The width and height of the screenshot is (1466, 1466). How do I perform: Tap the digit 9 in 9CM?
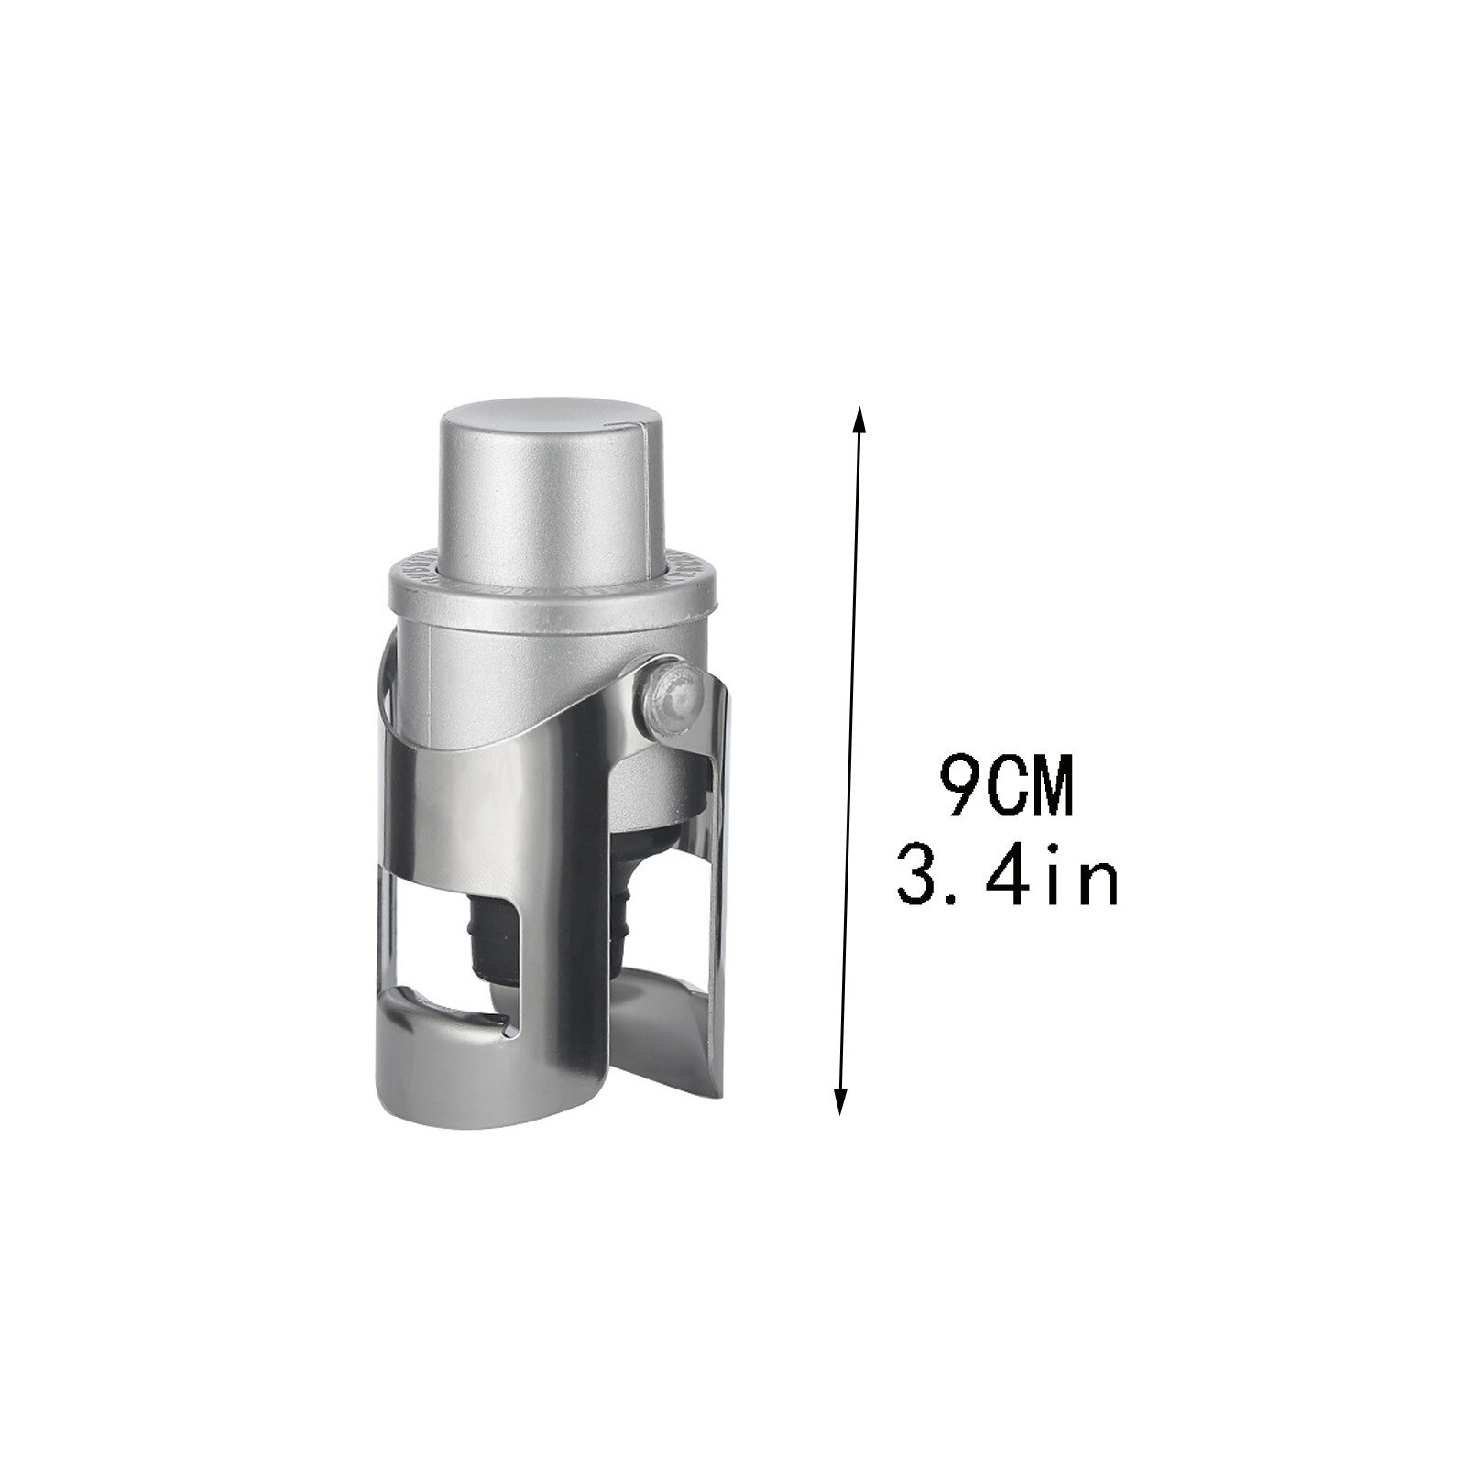click(x=958, y=786)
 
